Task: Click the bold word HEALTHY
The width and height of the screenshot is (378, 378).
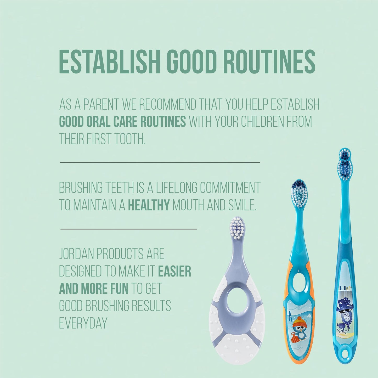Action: tap(149, 205)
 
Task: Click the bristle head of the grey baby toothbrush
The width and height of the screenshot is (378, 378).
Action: tap(237, 228)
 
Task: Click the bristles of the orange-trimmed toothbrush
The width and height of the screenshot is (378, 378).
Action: tap(299, 193)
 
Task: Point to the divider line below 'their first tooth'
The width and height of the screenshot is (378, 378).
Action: tap(160, 162)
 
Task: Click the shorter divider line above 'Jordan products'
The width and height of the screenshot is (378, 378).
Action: tap(128, 229)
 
